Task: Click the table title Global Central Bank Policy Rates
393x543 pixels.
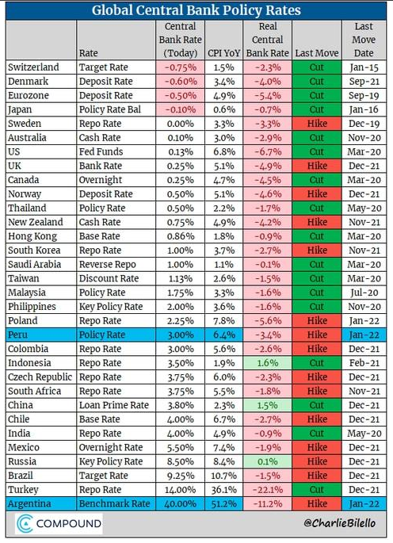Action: click(196, 10)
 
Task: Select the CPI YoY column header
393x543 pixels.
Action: click(223, 53)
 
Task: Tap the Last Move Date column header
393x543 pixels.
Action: click(364, 40)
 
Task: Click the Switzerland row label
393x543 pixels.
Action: click(33, 67)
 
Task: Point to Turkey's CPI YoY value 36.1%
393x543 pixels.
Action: click(223, 490)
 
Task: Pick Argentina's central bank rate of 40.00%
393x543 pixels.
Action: click(180, 504)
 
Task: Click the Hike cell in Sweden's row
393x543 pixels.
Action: click(317, 124)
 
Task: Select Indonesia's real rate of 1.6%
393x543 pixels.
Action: click(267, 363)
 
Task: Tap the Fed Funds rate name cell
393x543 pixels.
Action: click(101, 151)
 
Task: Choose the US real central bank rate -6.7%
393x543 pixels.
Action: click(268, 151)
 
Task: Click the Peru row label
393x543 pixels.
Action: click(17, 335)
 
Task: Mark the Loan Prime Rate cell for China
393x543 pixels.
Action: click(113, 405)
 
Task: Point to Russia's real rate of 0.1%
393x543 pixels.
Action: click(267, 461)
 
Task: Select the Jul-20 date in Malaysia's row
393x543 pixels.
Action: click(364, 293)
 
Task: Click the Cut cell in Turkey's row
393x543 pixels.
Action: click(317, 490)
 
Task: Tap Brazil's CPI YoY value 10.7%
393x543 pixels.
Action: click(223, 476)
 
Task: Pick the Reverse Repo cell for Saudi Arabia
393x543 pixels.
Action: click(107, 265)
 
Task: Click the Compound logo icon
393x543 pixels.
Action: click(25, 524)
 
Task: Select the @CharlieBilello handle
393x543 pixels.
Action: click(339, 522)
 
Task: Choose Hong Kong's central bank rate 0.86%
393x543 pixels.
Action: click(180, 236)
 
